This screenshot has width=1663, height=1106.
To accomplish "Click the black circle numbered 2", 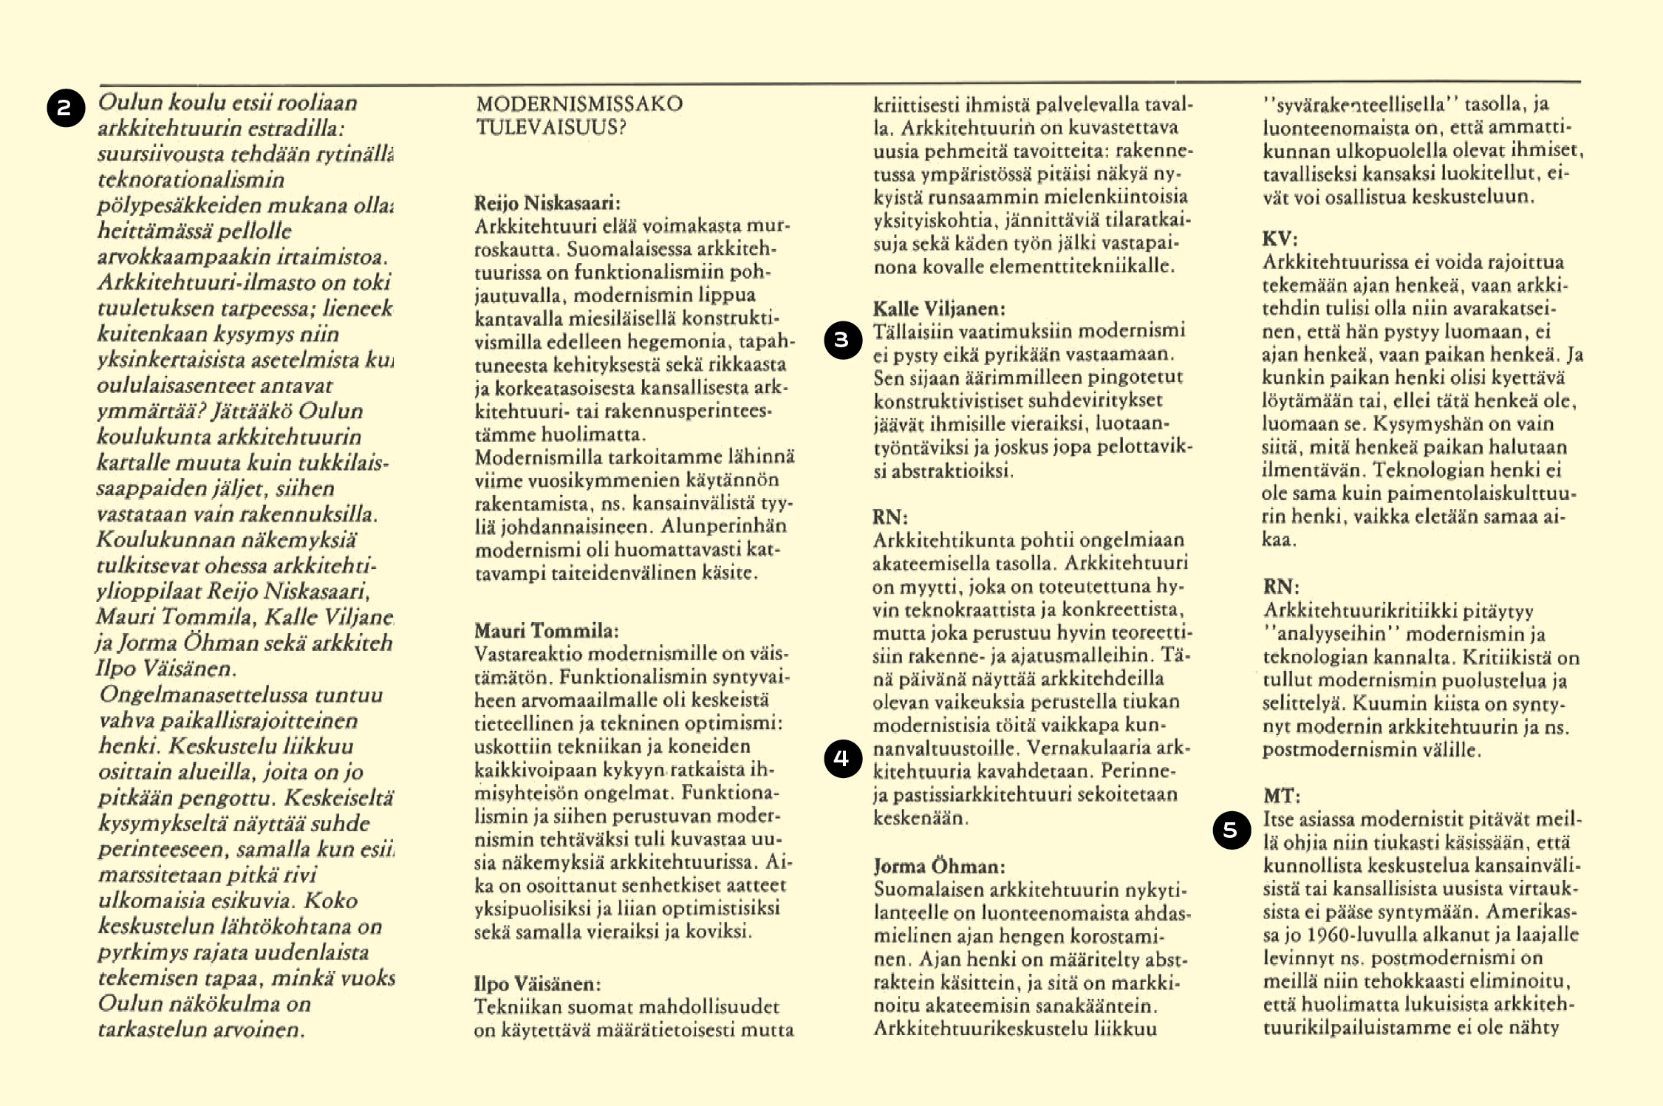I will coord(66,108).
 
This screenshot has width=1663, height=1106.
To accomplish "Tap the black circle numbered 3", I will coord(843,340).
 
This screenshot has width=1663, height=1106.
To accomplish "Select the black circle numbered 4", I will coord(843,758).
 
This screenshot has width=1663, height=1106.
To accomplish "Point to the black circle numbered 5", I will coord(1232,830).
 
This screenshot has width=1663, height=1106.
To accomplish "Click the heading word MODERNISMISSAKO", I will coord(579,103).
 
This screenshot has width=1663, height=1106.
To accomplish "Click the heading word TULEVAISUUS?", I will coord(550,127).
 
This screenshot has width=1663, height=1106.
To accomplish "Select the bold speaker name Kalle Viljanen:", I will coord(938,308).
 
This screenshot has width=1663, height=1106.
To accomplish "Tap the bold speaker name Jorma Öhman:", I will coord(939,866).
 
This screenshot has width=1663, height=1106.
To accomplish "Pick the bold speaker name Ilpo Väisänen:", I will coord(537,983).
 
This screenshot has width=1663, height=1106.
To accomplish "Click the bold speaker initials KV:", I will coord(1280,239).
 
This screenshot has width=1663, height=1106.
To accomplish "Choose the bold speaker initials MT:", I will coord(1281,796).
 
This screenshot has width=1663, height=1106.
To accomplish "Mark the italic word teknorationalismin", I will coord(191,180).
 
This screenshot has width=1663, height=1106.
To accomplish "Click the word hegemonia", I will coord(687,341).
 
